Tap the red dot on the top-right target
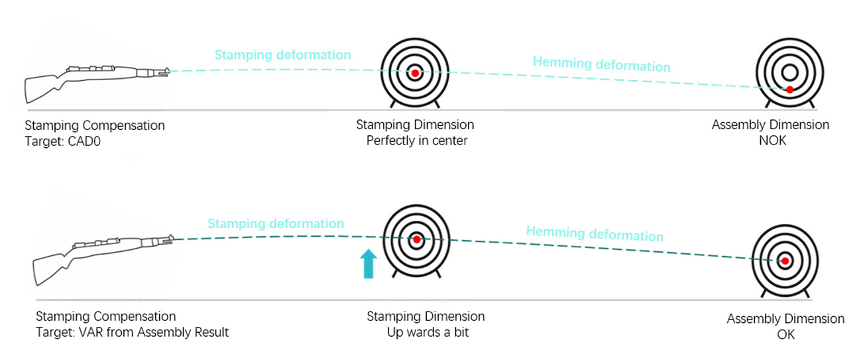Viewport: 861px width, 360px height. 789,89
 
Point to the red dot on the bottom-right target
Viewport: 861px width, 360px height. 785,261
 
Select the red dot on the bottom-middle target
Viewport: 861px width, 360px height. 416,239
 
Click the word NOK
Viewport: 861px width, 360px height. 770,141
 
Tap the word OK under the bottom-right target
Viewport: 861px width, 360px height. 785,335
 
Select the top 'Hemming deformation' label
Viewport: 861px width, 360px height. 601,64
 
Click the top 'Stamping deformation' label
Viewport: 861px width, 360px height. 282,54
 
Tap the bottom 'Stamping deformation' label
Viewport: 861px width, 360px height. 276,224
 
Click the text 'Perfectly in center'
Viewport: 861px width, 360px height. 416,141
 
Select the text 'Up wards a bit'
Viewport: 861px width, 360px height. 428,332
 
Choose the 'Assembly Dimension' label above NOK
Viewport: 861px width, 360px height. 770,125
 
